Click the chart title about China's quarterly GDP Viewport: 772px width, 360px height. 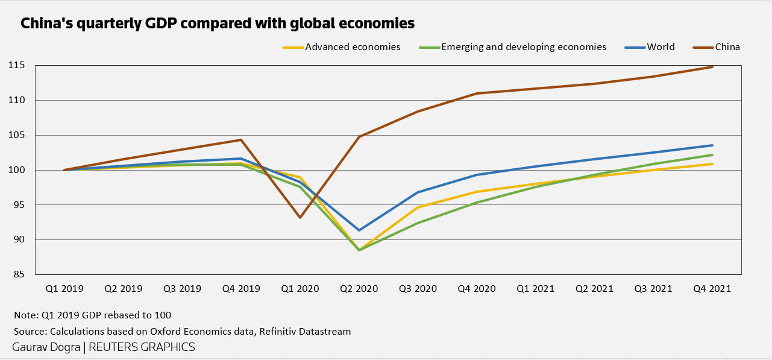(x=218, y=24)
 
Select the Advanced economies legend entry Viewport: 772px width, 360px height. (x=353, y=47)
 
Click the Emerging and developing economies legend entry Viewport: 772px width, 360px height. (x=523, y=47)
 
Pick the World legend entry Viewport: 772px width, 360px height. (x=661, y=47)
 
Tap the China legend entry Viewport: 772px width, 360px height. (x=727, y=47)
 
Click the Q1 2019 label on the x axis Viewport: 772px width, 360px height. (x=64, y=289)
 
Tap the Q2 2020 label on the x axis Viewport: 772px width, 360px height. (x=359, y=289)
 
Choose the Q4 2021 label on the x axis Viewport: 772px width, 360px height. (x=712, y=289)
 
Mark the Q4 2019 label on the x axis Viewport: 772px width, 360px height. (x=241, y=289)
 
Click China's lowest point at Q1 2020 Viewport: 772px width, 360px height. (x=300, y=217)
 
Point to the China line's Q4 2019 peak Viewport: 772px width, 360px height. (x=241, y=140)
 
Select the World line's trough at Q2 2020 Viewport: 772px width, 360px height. (x=359, y=230)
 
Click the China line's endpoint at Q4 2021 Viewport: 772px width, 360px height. (x=712, y=67)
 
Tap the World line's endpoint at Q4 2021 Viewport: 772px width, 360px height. (x=712, y=145)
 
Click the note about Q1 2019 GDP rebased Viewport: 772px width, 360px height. (x=92, y=315)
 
